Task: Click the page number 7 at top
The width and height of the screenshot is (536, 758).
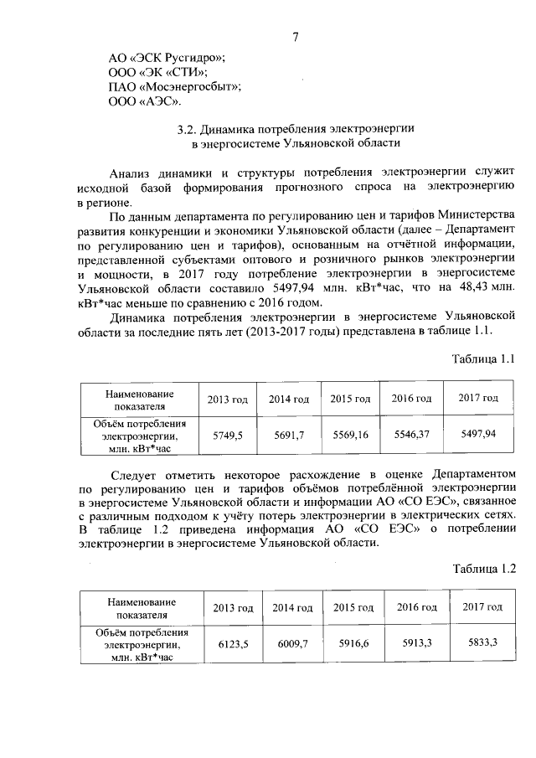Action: [x=296, y=36]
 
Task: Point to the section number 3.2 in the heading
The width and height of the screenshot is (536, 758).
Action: [x=188, y=131]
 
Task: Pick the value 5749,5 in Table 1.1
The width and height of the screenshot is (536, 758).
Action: [x=227, y=435]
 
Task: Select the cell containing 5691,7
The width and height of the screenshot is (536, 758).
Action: [x=288, y=435]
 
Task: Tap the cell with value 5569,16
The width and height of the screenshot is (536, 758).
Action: [x=350, y=434]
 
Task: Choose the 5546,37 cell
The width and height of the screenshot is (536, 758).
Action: [x=411, y=434]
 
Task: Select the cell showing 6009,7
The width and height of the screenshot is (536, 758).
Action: [x=292, y=643]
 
